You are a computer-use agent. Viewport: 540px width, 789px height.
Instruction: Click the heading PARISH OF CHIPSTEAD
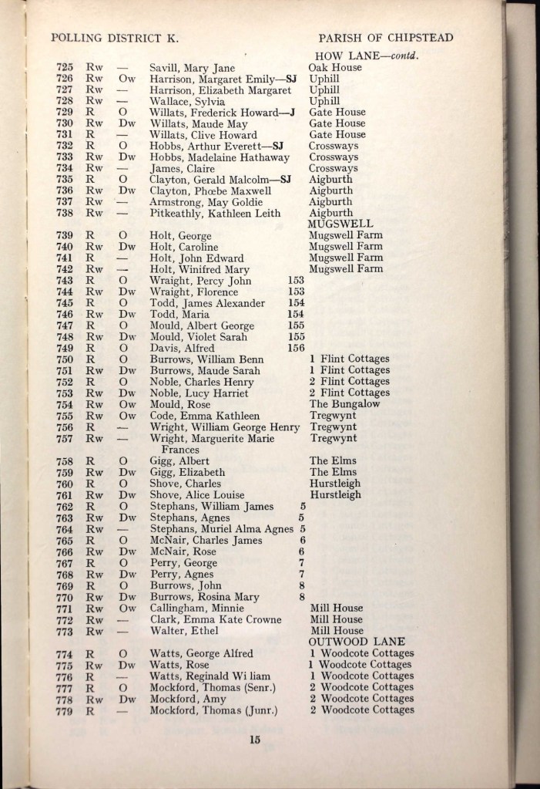point(387,36)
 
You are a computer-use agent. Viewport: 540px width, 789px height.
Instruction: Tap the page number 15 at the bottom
point(256,740)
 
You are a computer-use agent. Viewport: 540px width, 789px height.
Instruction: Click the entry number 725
point(64,67)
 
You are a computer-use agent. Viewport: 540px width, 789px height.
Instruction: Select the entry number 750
point(64,359)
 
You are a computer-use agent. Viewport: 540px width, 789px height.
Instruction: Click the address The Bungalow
point(345,403)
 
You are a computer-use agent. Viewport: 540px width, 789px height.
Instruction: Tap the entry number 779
point(65,710)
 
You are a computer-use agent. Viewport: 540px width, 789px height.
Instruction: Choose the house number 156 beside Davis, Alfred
point(295,348)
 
